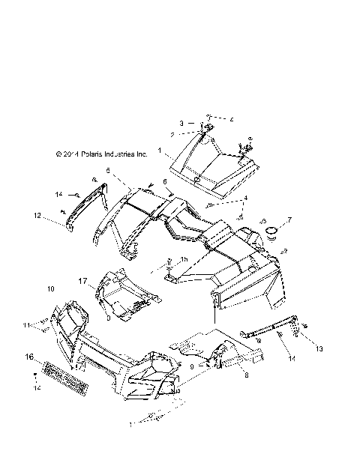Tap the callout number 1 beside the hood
tap(160, 151)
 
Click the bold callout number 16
tap(30, 357)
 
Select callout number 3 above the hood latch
tap(181, 123)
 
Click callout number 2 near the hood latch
tap(172, 134)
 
